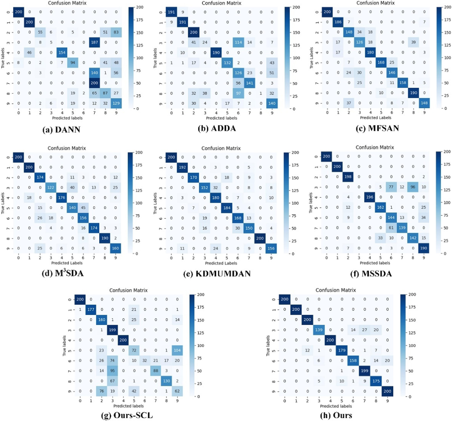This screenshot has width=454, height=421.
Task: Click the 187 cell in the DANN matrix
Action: click(x=94, y=42)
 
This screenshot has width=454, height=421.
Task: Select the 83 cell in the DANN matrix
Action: click(x=116, y=32)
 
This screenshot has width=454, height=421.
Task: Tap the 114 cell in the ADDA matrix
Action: click(x=238, y=43)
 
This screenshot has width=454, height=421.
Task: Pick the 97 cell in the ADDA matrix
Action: click(x=238, y=93)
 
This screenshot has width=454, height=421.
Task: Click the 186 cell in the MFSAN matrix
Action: click(x=338, y=22)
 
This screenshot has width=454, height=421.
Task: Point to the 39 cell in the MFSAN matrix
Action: click(x=414, y=42)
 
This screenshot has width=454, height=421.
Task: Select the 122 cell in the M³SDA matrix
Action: click(x=51, y=187)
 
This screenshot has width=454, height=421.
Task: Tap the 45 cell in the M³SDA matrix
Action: click(x=83, y=208)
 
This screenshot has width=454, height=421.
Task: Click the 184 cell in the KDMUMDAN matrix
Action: click(x=227, y=208)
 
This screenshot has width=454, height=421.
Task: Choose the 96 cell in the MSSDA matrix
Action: click(x=413, y=187)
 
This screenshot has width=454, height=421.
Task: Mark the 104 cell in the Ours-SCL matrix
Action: click(x=177, y=350)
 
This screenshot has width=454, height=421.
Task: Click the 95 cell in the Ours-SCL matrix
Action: click(x=112, y=371)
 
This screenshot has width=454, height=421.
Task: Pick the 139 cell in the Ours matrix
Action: click(x=319, y=330)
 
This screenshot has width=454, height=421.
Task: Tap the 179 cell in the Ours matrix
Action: click(x=342, y=350)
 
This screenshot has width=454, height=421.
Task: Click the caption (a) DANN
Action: click(x=61, y=129)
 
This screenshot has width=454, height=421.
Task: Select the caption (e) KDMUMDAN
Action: click(x=217, y=274)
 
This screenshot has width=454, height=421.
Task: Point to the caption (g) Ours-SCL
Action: click(x=127, y=415)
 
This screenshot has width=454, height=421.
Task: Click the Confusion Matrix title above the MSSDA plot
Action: click(x=375, y=147)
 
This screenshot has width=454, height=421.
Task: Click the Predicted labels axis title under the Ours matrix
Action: click(x=336, y=406)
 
